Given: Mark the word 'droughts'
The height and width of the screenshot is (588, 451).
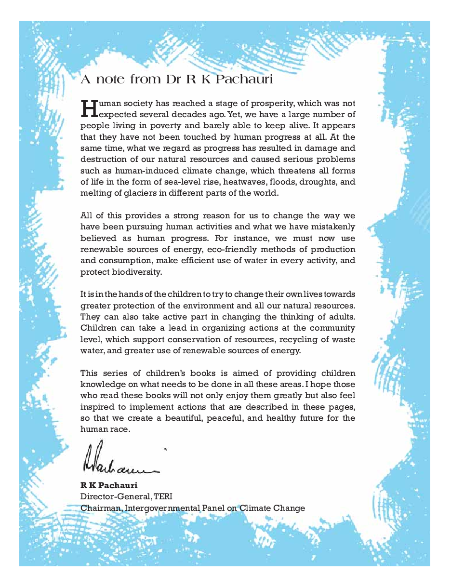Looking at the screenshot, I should point(311,182).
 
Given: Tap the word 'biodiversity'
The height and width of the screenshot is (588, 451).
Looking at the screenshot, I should point(135,272).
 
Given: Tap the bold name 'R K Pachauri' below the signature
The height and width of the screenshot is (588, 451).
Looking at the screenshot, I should point(109,485).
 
